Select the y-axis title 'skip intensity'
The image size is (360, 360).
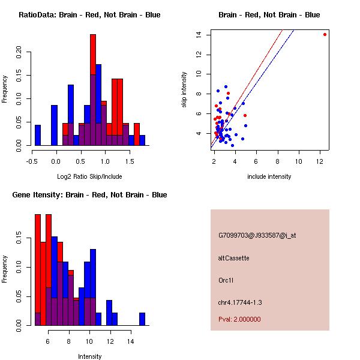[x=184, y=90]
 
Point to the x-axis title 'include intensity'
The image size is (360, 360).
[x=269, y=176]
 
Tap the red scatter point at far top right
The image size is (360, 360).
[x=325, y=35]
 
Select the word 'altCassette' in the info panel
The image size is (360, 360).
[x=234, y=258]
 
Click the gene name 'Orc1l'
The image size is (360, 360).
[x=226, y=280]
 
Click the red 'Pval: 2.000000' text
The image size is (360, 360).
[x=240, y=319]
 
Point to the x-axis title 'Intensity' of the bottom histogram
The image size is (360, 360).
[x=89, y=356]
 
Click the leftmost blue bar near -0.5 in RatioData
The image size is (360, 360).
[x=38, y=135]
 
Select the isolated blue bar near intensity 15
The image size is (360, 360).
[x=142, y=319]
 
